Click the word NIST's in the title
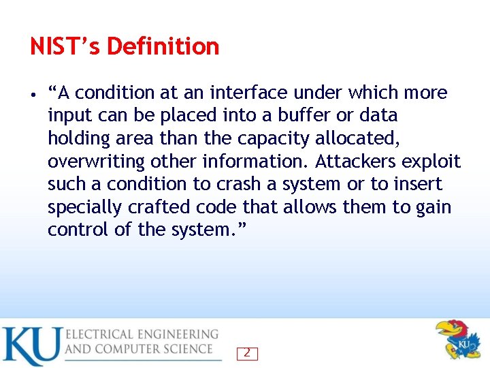tap(65, 46)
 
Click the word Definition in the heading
tap(163, 46)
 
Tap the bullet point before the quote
tap(33, 93)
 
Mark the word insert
tap(416, 184)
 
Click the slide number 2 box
tap(246, 353)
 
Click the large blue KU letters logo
tap(31, 346)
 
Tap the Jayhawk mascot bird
tap(459, 339)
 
